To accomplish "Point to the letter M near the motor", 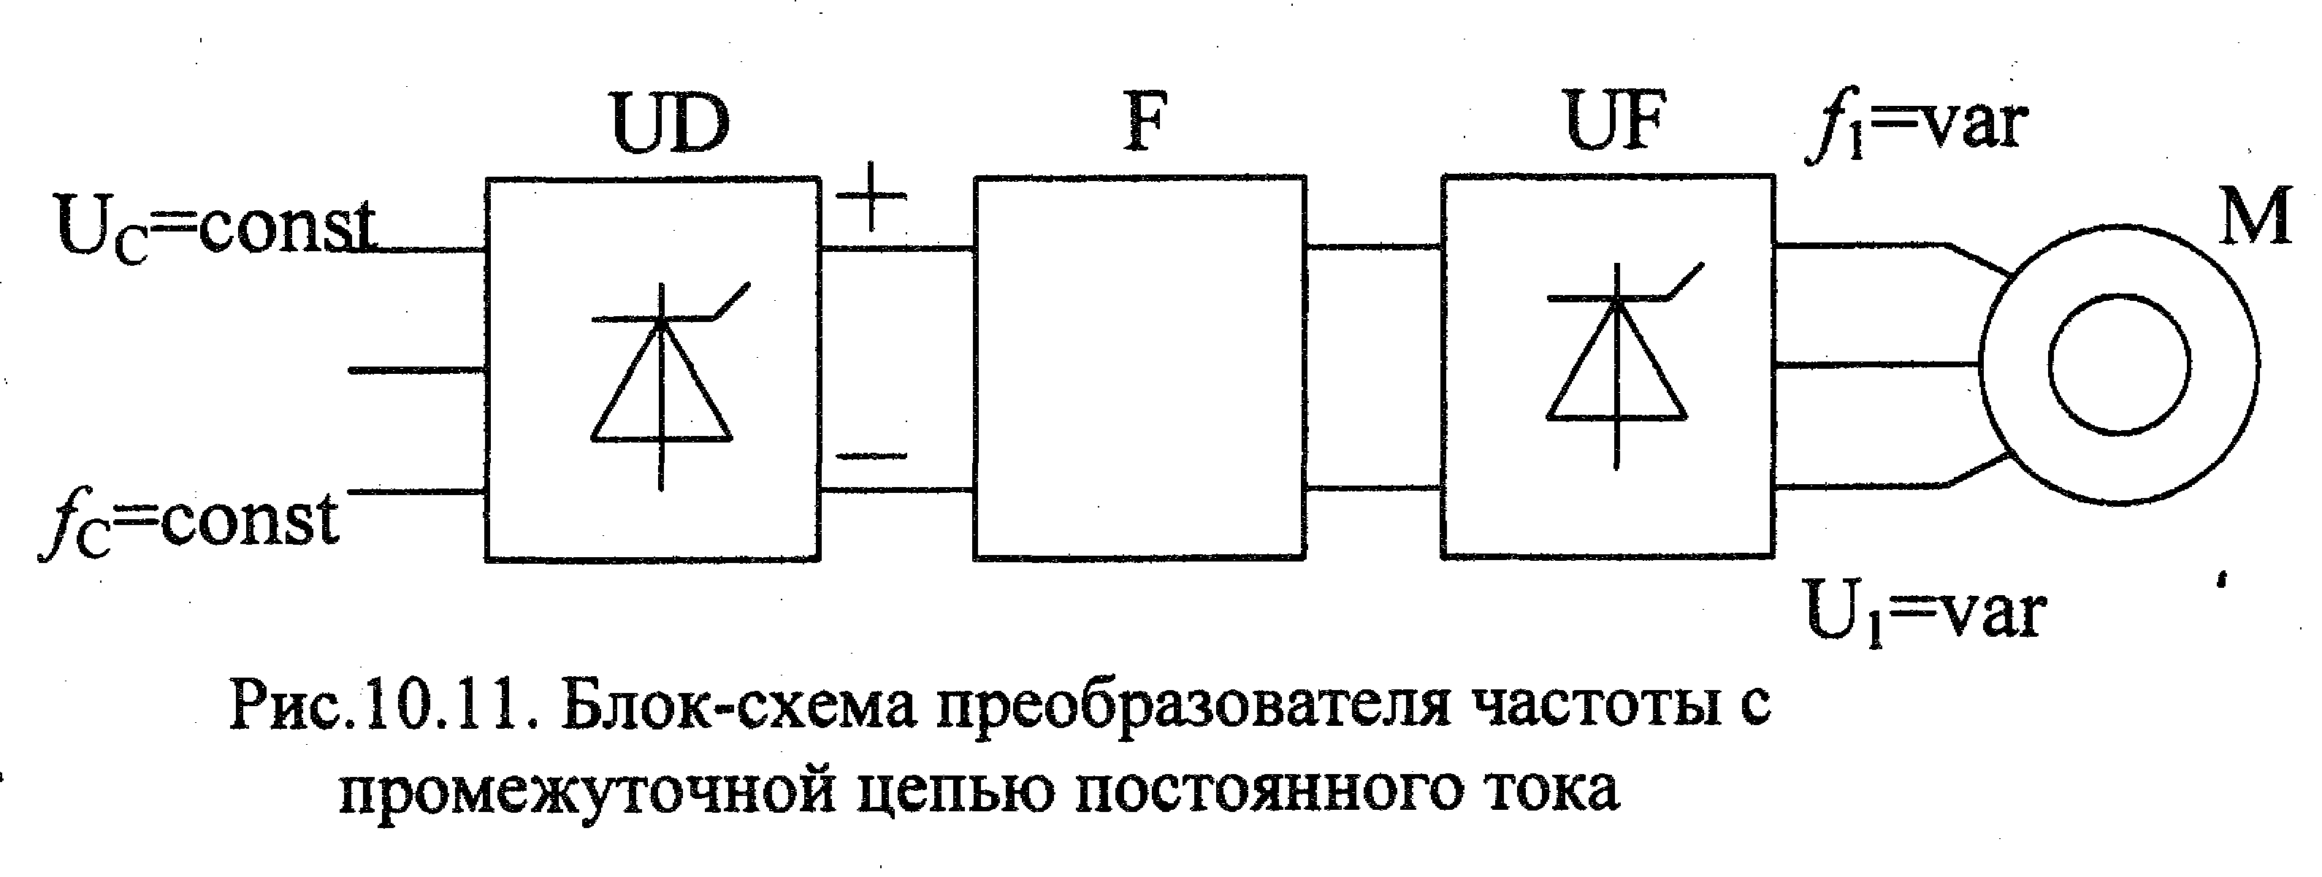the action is point(2253,216).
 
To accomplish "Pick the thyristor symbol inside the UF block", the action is point(1618,365).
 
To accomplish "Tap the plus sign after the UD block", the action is point(870,196).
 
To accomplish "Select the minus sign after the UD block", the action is point(870,455).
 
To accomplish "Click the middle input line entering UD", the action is point(417,370).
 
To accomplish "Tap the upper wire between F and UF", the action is point(1374,246).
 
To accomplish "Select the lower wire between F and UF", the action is point(1374,489).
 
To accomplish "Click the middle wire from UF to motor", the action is point(1876,365).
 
